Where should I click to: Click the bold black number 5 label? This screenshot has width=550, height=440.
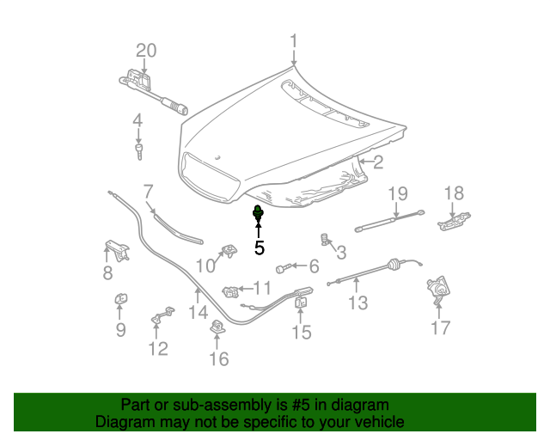tap(260, 247)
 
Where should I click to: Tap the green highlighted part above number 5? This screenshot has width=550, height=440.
tap(258, 212)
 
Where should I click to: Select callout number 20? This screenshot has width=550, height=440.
tap(146, 51)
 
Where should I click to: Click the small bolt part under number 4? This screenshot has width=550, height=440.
tap(139, 151)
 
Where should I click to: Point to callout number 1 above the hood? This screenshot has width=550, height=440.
tap(294, 40)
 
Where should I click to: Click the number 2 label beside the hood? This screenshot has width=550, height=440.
tap(378, 162)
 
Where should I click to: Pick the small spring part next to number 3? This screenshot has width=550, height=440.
tap(325, 240)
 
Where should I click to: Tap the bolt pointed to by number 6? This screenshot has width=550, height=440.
tap(283, 269)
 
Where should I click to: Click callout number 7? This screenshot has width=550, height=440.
tap(149, 192)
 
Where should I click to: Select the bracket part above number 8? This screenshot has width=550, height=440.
tap(117, 250)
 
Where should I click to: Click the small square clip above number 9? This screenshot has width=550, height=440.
tap(121, 299)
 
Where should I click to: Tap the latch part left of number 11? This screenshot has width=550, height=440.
tap(230, 292)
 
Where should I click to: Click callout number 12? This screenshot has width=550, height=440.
tap(158, 348)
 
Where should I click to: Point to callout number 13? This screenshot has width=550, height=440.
tap(358, 302)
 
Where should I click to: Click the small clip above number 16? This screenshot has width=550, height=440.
tap(217, 327)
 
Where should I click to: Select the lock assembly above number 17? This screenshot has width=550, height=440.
tap(437, 290)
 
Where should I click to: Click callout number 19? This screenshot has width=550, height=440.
tap(398, 193)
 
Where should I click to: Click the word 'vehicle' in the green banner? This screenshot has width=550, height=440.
tap(381, 421)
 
